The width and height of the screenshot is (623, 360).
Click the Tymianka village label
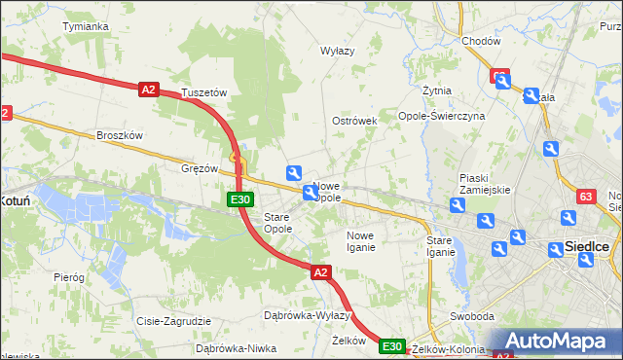85,26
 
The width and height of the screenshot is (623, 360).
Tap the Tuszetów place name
203,93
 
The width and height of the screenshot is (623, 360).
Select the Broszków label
120,135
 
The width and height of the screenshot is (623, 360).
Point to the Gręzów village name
200,167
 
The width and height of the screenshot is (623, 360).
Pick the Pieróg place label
69,277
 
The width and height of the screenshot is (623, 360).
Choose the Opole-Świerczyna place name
442,116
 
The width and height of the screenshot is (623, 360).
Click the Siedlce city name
587,248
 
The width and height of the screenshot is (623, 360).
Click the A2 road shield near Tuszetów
148,90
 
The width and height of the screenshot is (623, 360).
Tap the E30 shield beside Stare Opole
241,199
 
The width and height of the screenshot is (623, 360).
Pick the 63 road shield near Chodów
499,76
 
